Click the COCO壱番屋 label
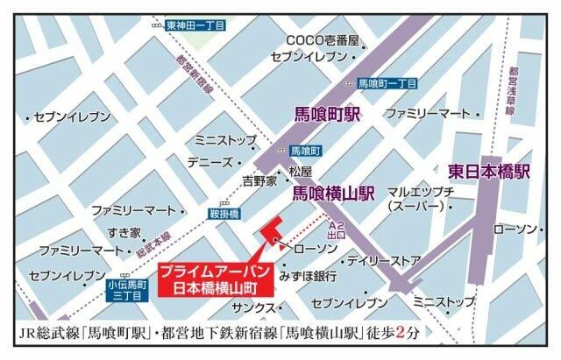[323, 40]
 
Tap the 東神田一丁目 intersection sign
[195, 25]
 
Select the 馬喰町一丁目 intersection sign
[387, 84]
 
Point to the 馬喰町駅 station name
[326, 113]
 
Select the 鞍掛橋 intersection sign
[224, 213]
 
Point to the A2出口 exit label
[336, 230]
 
